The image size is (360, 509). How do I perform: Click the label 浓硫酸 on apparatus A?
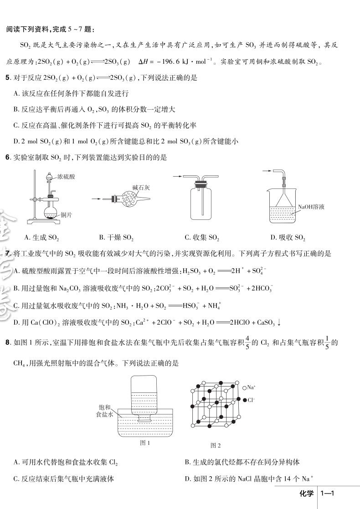point(67,176)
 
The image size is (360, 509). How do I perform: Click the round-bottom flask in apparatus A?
point(50,211)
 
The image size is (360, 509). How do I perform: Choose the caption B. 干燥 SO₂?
point(116,237)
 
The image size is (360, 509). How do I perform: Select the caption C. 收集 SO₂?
point(202,237)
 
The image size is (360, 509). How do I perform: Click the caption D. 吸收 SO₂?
point(288,237)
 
